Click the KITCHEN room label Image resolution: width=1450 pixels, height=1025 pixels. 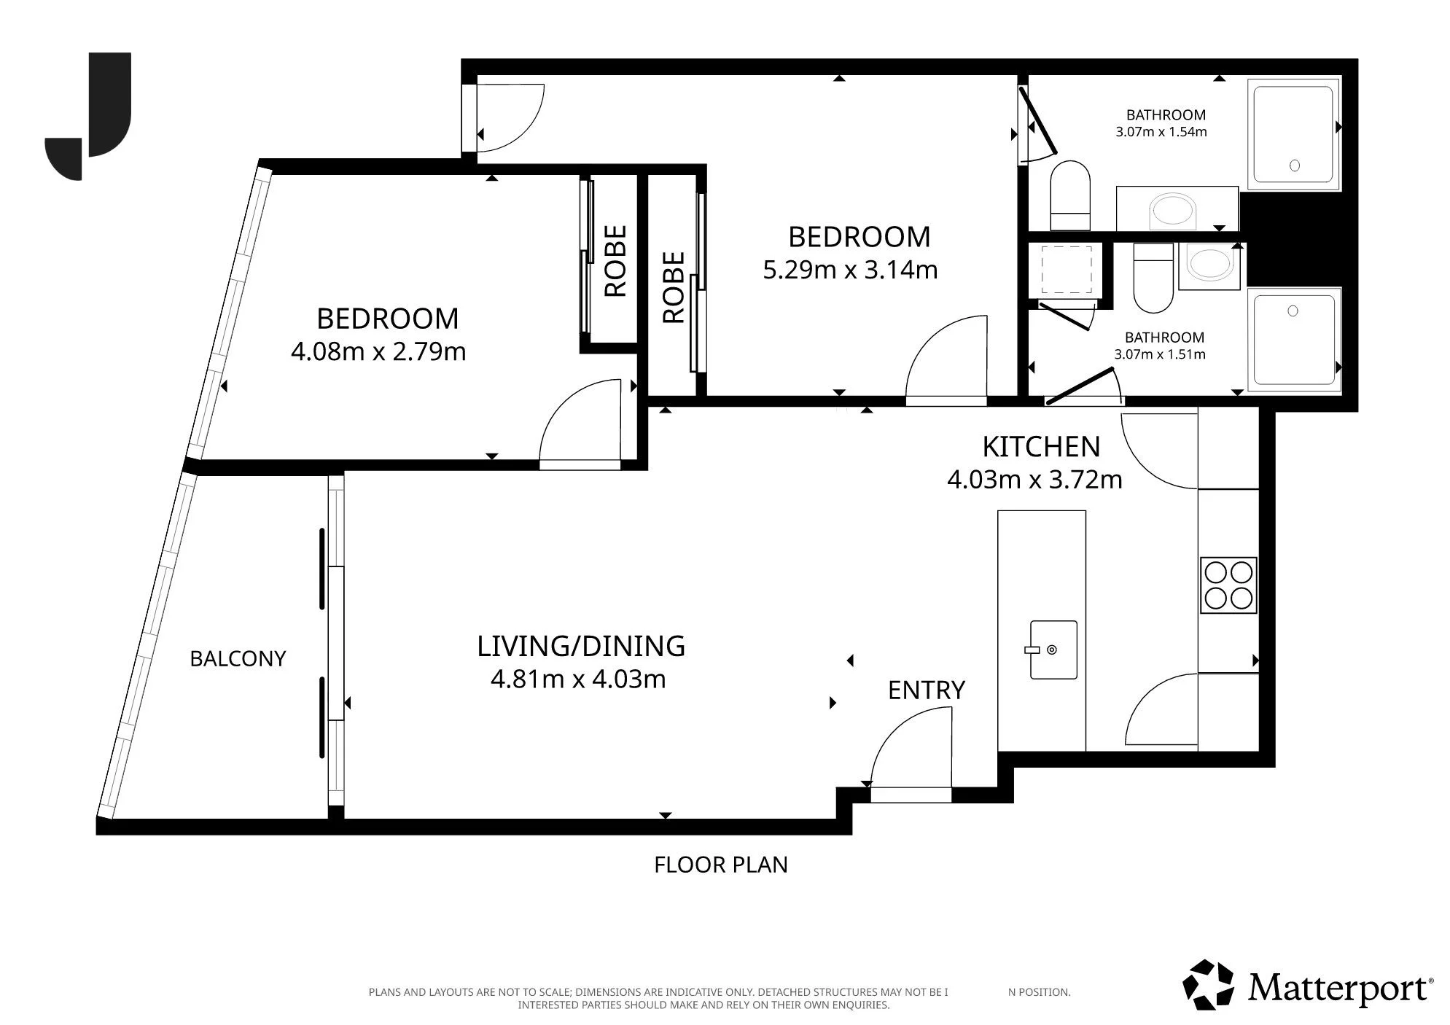point(1041,446)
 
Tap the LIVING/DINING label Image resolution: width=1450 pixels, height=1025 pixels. point(581,646)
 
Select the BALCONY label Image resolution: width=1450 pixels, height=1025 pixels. point(238,659)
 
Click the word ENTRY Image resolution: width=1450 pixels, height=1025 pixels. point(927,690)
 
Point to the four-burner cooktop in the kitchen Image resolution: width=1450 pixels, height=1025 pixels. point(1228,585)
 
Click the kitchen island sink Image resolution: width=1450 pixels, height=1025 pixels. point(1053,650)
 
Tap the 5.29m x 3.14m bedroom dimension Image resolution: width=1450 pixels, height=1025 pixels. point(850,270)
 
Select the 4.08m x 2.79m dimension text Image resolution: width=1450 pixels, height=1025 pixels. point(378,352)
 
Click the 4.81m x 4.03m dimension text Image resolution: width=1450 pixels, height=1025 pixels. point(578,679)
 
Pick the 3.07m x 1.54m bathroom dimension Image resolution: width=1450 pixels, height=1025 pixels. point(1161,132)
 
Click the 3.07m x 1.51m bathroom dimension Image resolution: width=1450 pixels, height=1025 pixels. point(1160,355)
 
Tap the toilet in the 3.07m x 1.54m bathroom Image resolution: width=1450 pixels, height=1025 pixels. point(1070,195)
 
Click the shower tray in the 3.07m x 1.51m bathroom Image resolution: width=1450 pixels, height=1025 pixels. point(1295,340)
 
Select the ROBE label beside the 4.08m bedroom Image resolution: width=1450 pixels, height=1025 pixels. point(616,261)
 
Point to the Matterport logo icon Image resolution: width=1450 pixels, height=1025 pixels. point(1209,985)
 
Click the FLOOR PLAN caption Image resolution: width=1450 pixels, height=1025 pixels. point(721,865)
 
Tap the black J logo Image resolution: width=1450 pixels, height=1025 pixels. point(88,116)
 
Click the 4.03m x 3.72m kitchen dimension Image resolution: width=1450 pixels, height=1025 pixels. point(1034,480)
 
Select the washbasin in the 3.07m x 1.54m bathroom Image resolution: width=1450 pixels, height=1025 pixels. point(1174,211)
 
